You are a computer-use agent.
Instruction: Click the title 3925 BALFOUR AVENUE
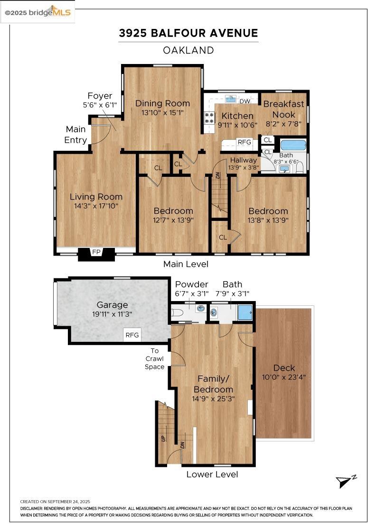(188, 33)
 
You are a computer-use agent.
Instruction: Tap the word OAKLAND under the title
(188, 50)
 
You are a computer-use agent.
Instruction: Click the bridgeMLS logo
(38, 12)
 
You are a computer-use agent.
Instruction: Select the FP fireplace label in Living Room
(96, 252)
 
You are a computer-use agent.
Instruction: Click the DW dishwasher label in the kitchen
(245, 101)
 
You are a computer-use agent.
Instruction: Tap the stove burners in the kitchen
(209, 118)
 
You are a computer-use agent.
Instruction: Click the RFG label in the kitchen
(244, 142)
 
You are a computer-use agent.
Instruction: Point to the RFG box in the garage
(132, 335)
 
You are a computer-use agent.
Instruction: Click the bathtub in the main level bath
(293, 145)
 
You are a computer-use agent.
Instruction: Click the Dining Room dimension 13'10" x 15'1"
(162, 113)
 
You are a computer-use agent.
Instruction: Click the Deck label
(284, 368)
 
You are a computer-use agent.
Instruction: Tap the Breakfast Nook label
(283, 109)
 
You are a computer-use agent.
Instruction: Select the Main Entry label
(76, 134)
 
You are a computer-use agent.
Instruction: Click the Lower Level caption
(212, 474)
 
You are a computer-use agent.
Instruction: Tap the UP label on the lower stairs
(164, 438)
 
